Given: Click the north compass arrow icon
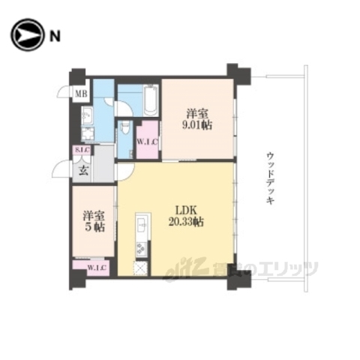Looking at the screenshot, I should [23, 34].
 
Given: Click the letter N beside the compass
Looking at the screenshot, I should [54, 34].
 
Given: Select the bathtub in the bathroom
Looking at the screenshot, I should [148, 97].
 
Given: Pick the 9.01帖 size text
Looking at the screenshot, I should [198, 125].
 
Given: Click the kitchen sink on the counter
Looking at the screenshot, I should [140, 223].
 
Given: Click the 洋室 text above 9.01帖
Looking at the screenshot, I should [198, 113].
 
